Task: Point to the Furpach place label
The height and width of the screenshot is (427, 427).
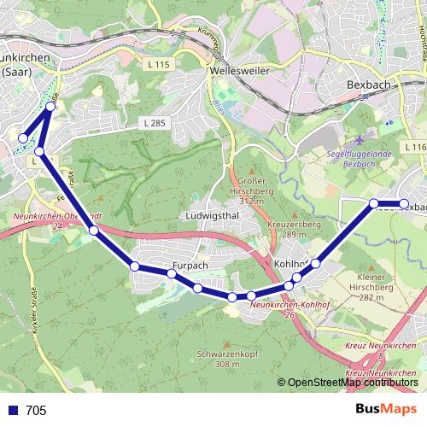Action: tap(190, 265)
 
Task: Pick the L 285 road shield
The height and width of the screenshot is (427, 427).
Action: tap(150, 125)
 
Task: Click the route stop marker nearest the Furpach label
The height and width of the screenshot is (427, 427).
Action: tap(172, 274)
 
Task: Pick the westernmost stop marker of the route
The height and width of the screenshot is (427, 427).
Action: tap(23, 137)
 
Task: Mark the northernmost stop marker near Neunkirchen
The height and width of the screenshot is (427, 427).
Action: tap(50, 108)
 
